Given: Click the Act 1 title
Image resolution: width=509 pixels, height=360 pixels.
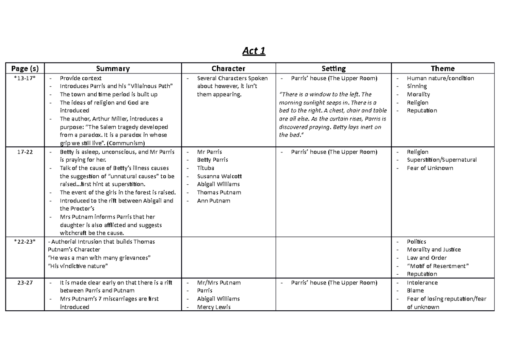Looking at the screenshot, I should (x=254, y=51).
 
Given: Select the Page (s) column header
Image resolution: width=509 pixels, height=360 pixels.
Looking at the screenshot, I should (x=25, y=68).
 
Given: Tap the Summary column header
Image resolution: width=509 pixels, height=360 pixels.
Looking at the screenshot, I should (x=113, y=68).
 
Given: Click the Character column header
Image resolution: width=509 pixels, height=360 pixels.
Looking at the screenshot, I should (x=228, y=68).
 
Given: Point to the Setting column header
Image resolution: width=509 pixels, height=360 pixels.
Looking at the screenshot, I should (x=333, y=68).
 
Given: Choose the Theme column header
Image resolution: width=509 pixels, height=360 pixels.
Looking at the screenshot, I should (x=442, y=68).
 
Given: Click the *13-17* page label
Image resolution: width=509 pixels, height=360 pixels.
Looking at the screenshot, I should (x=25, y=78).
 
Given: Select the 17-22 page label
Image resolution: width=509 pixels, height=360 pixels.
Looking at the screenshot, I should (x=25, y=152).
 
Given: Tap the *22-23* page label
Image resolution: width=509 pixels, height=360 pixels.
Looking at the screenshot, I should (x=25, y=242).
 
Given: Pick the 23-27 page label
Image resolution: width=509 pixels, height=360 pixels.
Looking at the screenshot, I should (x=25, y=283).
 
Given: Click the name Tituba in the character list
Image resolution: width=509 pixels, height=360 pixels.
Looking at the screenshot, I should (x=206, y=168).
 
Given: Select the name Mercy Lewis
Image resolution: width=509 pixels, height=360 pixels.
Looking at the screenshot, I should (x=214, y=307).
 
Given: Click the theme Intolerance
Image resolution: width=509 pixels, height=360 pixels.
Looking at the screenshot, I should (x=422, y=283).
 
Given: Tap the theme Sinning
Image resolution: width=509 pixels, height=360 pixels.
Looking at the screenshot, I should (x=417, y=86).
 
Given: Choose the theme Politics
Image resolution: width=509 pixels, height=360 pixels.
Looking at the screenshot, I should (x=417, y=242).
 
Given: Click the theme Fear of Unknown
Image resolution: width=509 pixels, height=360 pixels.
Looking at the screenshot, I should (x=430, y=168).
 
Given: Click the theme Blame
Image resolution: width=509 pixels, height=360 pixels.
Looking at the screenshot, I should (x=415, y=291).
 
